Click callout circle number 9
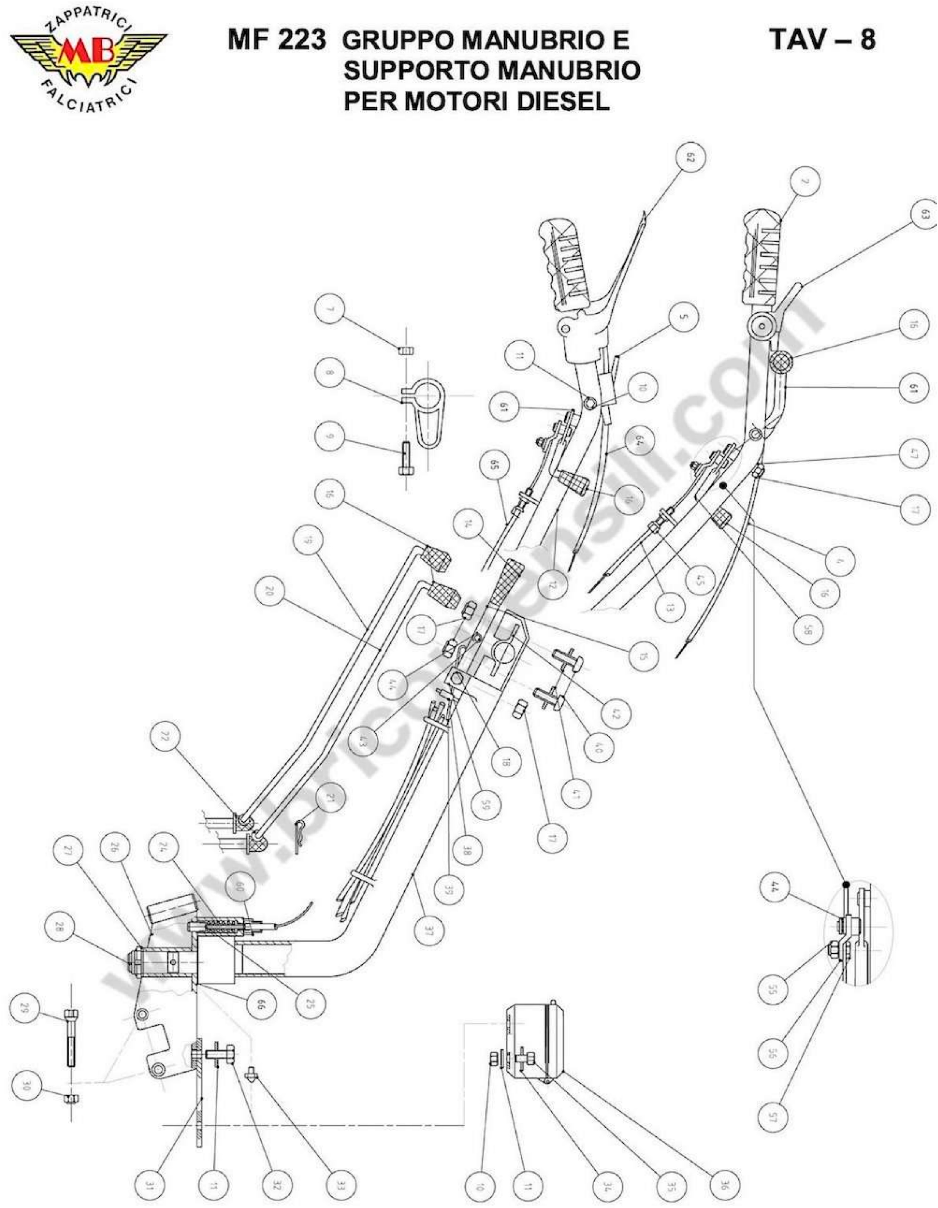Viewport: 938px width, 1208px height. tap(329, 437)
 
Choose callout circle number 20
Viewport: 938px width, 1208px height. tap(270, 593)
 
